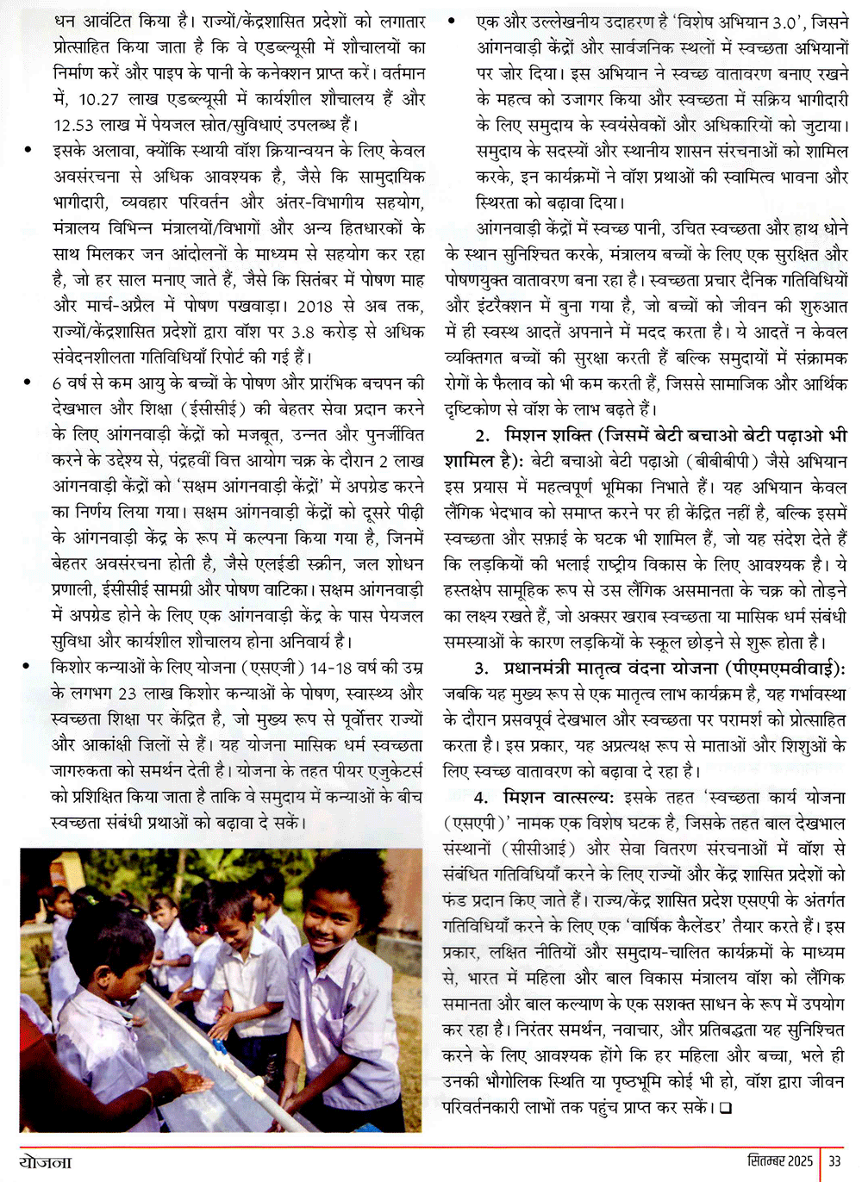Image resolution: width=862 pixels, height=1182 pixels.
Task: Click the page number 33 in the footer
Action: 834,1160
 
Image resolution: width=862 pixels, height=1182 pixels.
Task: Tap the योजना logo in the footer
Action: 46,1161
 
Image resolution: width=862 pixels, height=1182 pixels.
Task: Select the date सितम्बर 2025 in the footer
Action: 780,1160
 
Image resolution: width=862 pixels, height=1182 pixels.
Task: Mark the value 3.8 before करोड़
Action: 303,332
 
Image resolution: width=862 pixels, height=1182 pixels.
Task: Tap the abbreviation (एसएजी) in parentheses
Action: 275,668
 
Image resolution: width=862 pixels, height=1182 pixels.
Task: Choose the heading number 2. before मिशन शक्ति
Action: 483,435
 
